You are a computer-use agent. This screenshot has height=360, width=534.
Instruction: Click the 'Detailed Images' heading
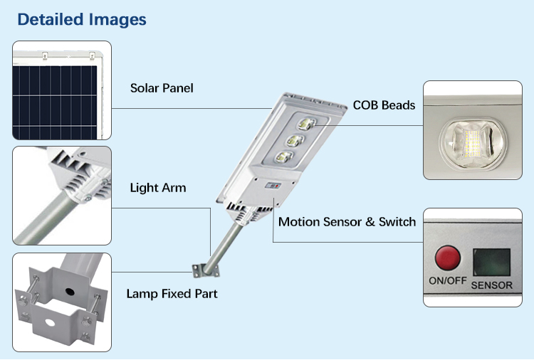click(x=82, y=19)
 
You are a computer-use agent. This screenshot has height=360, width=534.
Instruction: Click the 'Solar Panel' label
click(x=162, y=88)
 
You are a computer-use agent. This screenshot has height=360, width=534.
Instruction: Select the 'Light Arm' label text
click(x=157, y=188)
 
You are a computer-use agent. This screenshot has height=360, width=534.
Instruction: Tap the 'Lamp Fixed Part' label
click(x=172, y=293)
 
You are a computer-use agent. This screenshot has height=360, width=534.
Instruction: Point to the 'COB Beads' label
click(x=384, y=105)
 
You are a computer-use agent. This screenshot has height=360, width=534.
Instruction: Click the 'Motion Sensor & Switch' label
click(x=347, y=222)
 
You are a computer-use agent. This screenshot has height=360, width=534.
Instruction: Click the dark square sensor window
click(x=492, y=262)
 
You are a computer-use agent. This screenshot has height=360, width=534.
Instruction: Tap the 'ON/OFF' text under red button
click(x=447, y=280)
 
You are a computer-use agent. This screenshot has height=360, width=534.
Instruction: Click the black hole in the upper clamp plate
click(x=69, y=290)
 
